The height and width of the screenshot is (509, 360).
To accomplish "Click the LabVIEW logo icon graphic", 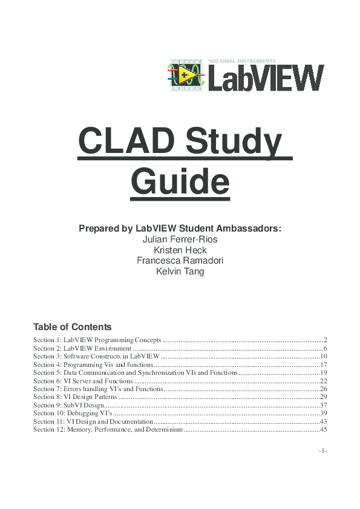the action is pyautogui.click(x=187, y=75).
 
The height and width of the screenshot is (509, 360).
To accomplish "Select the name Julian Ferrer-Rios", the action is pyautogui.click(x=180, y=239).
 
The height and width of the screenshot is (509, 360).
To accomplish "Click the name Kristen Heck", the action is pyautogui.click(x=180, y=250).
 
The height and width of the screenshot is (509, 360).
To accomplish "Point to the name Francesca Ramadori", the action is pyautogui.click(x=180, y=261).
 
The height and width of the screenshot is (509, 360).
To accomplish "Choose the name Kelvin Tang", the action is pyautogui.click(x=180, y=271).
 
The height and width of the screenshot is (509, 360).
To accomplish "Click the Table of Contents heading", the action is pyautogui.click(x=73, y=326).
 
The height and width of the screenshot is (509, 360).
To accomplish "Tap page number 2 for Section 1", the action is pyautogui.click(x=325, y=340).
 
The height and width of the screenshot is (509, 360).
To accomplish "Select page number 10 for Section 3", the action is pyautogui.click(x=323, y=357).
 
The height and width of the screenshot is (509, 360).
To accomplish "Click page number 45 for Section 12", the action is pyautogui.click(x=323, y=430).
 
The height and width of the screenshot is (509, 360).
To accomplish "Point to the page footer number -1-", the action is pyautogui.click(x=323, y=451).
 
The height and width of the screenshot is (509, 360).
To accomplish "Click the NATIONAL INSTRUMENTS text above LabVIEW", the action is pyautogui.click(x=241, y=61).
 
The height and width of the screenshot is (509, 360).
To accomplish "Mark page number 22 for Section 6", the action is pyautogui.click(x=323, y=381).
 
